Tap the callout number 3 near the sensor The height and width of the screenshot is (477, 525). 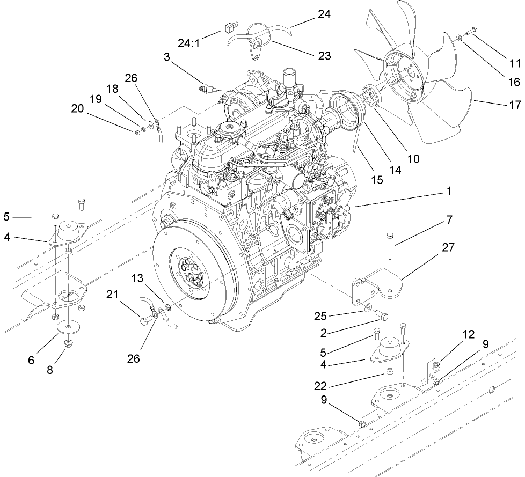click(168, 57)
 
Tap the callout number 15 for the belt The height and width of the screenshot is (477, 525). click(377, 180)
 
